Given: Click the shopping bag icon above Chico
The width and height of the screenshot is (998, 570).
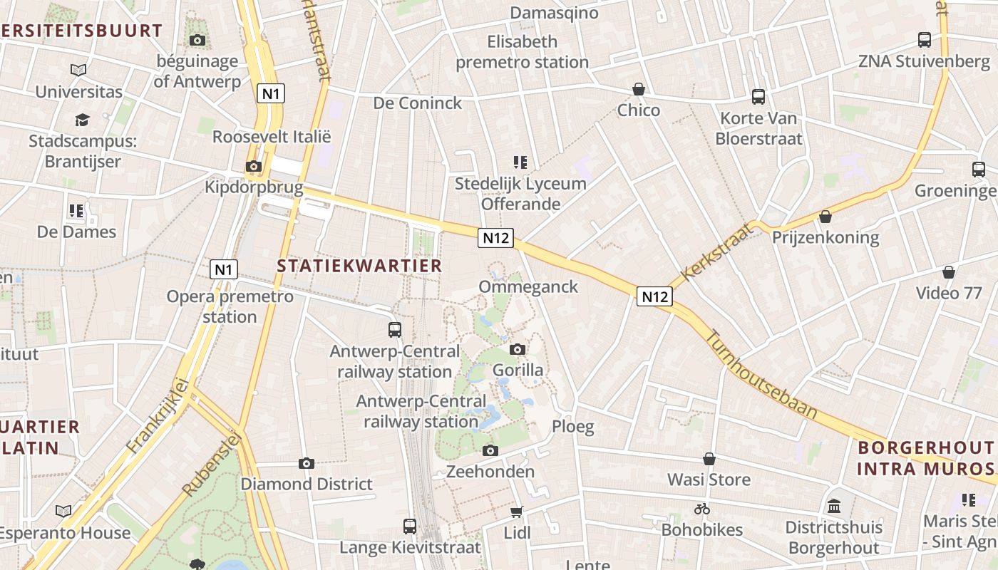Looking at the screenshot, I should tap(639, 89).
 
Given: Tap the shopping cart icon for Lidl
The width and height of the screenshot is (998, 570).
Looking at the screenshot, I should tap(517, 512).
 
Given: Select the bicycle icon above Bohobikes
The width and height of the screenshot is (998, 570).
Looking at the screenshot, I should tap(702, 509).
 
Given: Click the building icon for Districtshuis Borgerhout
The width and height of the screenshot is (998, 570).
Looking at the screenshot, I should tap(834, 507).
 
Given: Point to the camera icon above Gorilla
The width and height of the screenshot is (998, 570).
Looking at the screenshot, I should tap(518, 349).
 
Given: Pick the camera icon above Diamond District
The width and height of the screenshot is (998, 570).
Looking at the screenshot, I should tap(307, 463).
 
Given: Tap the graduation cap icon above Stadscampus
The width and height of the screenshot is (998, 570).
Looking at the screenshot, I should tap(83, 120).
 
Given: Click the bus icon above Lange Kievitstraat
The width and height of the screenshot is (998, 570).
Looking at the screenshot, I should tap(410, 526).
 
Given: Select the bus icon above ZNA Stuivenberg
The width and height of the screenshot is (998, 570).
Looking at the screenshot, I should tap(925, 40).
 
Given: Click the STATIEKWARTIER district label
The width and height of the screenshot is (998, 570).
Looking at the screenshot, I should tap(359, 266).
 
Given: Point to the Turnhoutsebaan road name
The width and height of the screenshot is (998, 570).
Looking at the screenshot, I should tap(761, 373).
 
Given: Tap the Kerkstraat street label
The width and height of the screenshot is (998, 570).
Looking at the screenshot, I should tap(717, 251).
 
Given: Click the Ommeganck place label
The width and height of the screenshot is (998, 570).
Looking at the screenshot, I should tap(528, 286).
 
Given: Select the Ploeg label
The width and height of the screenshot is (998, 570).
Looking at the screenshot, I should tap(573, 427).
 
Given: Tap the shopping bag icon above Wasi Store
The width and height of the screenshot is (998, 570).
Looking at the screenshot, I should tap(709, 459).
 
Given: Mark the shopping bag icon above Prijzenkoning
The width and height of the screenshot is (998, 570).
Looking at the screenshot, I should tap(825, 216).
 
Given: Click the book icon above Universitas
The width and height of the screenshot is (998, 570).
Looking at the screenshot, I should tap(78, 71).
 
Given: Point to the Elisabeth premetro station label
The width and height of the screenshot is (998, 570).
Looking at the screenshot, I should tap(522, 52).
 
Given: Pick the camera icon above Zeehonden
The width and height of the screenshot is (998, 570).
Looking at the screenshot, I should tap(490, 450).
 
